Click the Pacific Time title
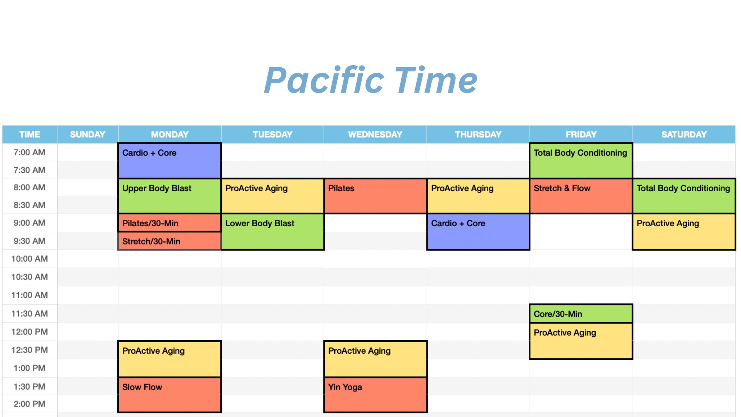[370, 80]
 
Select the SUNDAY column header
[88, 134]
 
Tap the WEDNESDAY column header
[375, 134]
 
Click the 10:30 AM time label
[30, 277]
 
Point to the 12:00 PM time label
[30, 332]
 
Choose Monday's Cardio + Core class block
[169, 161]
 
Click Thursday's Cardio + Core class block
[478, 232]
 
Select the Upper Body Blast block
[169, 196]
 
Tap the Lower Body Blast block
[272, 232]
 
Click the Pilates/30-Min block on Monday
[169, 223]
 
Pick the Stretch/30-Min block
[169, 241]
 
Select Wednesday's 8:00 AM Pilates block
[375, 196]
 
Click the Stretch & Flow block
[581, 196]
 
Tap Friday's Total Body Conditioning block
[581, 161]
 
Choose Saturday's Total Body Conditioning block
[684, 196]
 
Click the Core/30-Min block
[581, 314]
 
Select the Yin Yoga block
[375, 395]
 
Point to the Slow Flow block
[169, 395]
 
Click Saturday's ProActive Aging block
[684, 232]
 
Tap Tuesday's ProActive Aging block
[272, 196]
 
